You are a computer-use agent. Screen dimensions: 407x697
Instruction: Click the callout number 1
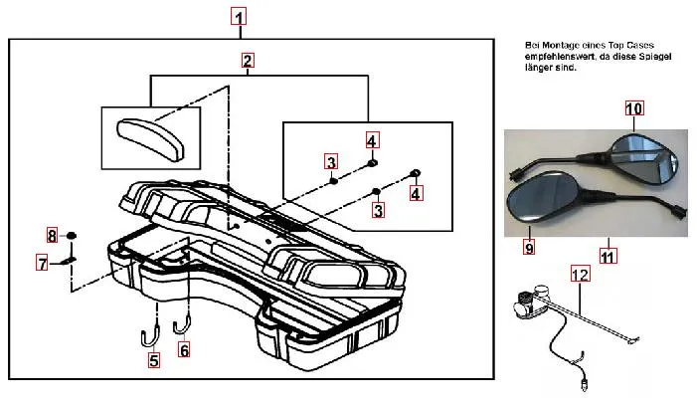(x=239, y=17)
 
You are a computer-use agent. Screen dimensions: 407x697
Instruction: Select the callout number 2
(x=247, y=62)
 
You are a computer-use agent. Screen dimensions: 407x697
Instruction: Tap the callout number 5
(x=153, y=361)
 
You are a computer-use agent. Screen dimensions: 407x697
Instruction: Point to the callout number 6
(x=184, y=349)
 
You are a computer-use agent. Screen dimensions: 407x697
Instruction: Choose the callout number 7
(x=42, y=264)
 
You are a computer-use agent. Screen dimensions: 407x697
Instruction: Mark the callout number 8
(x=52, y=235)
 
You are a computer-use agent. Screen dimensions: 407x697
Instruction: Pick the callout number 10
(x=634, y=107)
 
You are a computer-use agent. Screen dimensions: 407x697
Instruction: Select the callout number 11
(x=608, y=256)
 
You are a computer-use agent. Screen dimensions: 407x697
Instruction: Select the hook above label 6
(x=182, y=320)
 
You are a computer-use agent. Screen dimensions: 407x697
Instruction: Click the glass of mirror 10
(x=647, y=158)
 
